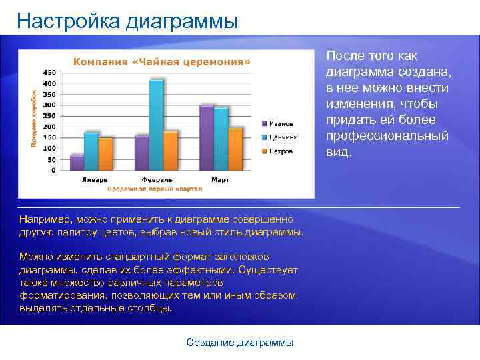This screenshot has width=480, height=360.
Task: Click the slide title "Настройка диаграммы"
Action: tap(127, 21)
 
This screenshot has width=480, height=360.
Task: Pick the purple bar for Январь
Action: tap(77, 163)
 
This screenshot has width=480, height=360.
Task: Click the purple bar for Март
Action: tap(207, 137)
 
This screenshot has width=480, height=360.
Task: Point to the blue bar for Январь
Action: tap(91, 151)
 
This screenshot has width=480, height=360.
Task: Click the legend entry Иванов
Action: tap(281, 123)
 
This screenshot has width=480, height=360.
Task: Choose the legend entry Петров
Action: tap(281, 151)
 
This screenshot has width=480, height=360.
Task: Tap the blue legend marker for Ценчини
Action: tap(265, 137)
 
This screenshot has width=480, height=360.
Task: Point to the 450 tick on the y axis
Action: tap(49, 72)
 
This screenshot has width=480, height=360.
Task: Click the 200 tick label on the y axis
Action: tap(49, 127)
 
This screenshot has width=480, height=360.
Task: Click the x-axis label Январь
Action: tap(93, 180)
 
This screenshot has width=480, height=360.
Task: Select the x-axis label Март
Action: tap(220, 180)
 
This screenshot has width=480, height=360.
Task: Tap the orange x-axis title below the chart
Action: tap(155, 189)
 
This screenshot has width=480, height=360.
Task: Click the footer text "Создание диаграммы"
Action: tap(239, 343)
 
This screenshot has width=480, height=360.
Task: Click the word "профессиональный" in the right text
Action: tap(387, 136)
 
